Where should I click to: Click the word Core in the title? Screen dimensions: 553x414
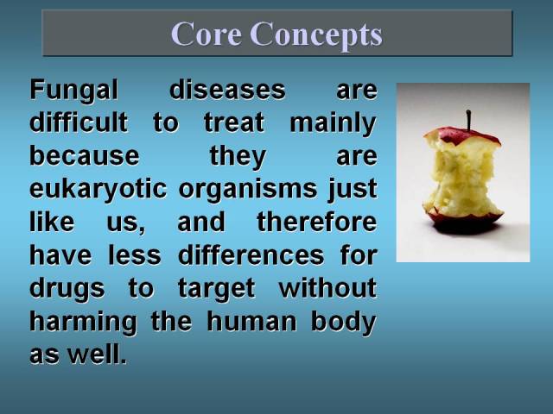pyautogui.click(x=207, y=34)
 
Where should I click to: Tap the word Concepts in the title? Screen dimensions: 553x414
pyautogui.click(x=316, y=35)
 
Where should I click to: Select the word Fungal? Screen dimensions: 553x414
pyautogui.click(x=73, y=91)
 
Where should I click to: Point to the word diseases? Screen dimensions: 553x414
pyautogui.click(x=227, y=90)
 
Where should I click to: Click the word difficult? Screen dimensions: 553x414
pyautogui.click(x=79, y=122)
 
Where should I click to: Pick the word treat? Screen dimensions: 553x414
pyautogui.click(x=234, y=122)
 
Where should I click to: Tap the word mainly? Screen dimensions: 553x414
pyautogui.click(x=334, y=123)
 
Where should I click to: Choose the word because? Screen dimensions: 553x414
pyautogui.click(x=85, y=155)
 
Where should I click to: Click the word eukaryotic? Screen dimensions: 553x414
pyautogui.click(x=98, y=190)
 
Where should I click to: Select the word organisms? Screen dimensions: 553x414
pyautogui.click(x=248, y=190)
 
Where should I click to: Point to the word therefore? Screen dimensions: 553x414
pyautogui.click(x=317, y=222)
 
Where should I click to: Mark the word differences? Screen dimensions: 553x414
pyautogui.click(x=251, y=254)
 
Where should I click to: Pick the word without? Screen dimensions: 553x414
pyautogui.click(x=327, y=287)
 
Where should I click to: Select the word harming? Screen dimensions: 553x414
pyautogui.click(x=83, y=323)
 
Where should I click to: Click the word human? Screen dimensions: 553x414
pyautogui.click(x=251, y=322)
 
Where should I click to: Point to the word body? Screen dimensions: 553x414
pyautogui.click(x=344, y=323)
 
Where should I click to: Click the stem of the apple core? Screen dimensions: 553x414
pyautogui.click(x=468, y=121)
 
